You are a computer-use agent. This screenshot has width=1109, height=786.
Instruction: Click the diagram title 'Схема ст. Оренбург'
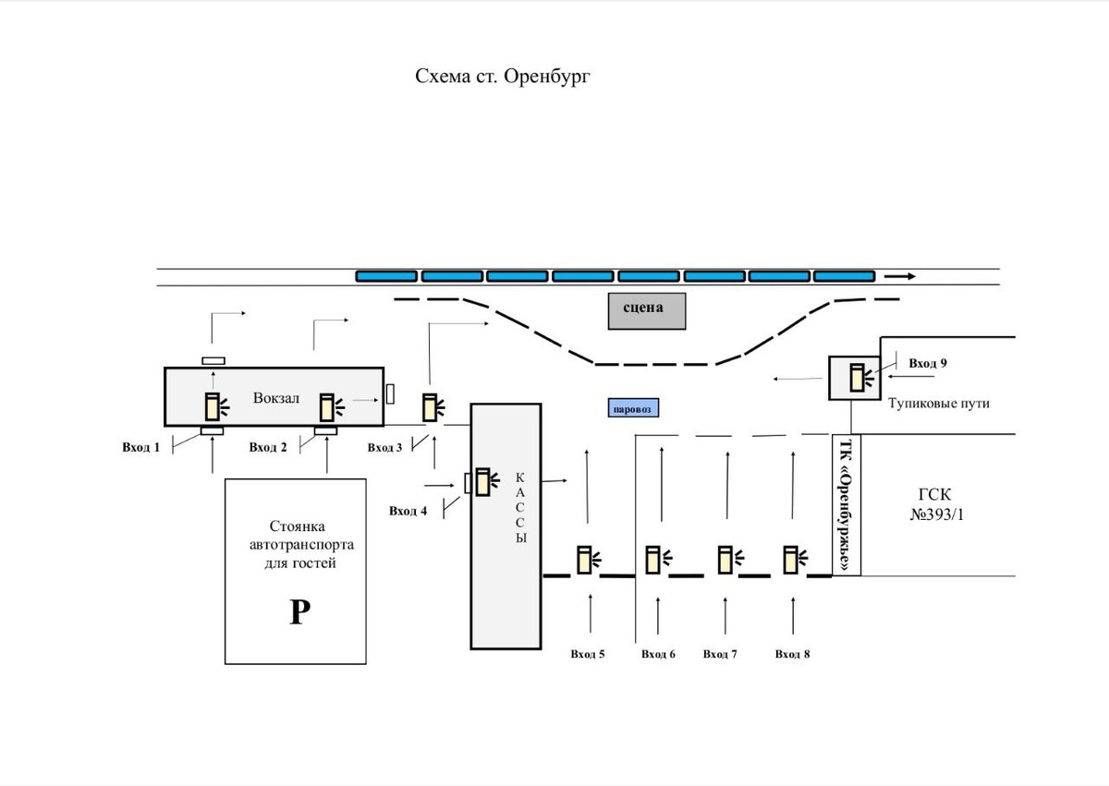click(x=503, y=77)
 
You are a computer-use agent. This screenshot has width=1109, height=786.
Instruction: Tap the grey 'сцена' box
click(x=647, y=310)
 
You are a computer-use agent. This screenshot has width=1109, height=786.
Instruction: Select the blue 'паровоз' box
click(x=633, y=407)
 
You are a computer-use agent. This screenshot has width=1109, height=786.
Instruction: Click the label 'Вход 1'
click(x=141, y=447)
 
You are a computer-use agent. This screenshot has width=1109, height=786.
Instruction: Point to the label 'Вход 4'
click(x=408, y=511)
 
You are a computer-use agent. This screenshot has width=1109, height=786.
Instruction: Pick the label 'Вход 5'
click(x=588, y=654)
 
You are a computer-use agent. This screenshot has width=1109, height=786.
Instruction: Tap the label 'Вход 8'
click(x=792, y=654)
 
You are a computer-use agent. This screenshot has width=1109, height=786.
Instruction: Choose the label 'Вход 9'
click(x=928, y=363)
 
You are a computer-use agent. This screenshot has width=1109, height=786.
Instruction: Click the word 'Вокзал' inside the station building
click(x=276, y=398)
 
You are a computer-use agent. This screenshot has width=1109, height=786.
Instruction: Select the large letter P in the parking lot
click(x=299, y=612)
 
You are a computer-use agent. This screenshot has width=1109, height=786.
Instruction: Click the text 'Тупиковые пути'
click(x=939, y=403)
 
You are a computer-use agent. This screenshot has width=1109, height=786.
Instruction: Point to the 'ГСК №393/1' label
click(x=936, y=504)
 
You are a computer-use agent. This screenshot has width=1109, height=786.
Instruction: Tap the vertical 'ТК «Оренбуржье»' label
click(x=847, y=505)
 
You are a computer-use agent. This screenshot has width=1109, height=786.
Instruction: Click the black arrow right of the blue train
click(x=900, y=276)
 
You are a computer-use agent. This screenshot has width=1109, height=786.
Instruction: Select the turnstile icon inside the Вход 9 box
click(x=861, y=378)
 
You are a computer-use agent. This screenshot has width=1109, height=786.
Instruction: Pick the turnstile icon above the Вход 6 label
click(x=658, y=560)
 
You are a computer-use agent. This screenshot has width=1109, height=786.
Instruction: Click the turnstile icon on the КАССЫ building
click(x=487, y=482)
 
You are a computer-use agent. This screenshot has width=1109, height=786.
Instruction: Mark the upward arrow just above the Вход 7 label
click(x=725, y=616)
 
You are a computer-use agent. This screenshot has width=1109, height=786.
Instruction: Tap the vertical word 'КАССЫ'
click(x=520, y=507)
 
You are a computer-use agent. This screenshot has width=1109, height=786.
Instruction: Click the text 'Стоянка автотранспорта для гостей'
click(x=301, y=544)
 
